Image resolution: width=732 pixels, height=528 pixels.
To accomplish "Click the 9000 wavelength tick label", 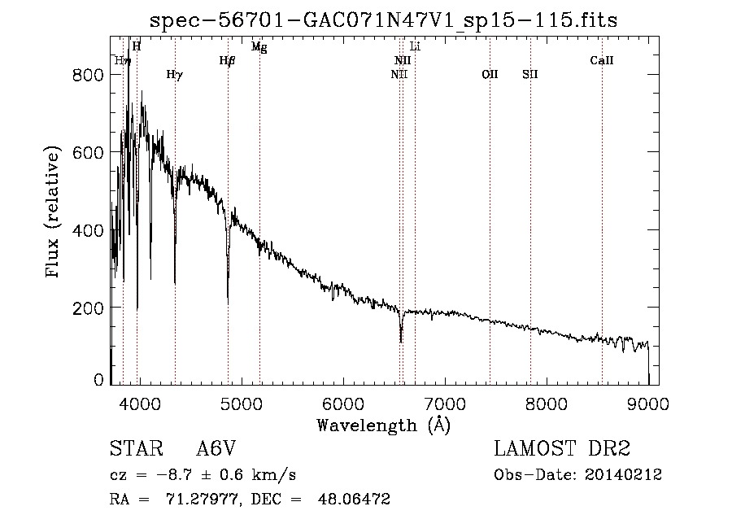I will click(648, 404).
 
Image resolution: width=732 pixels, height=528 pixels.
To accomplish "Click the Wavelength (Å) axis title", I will click(384, 425).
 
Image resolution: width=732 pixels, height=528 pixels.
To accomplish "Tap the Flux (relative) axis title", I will click(54, 214).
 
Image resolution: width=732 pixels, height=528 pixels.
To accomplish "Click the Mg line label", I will click(259, 47).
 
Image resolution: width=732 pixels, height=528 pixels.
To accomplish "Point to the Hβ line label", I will click(228, 61).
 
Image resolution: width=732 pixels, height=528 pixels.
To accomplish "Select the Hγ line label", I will click(174, 75).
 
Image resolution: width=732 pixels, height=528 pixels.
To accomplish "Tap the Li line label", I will click(415, 47).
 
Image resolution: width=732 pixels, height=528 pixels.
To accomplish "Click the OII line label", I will click(490, 75).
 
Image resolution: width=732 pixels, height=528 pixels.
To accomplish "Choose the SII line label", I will click(530, 75).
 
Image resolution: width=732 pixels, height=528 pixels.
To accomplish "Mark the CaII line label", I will click(602, 61).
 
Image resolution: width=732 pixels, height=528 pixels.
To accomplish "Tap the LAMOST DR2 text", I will click(562, 449).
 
